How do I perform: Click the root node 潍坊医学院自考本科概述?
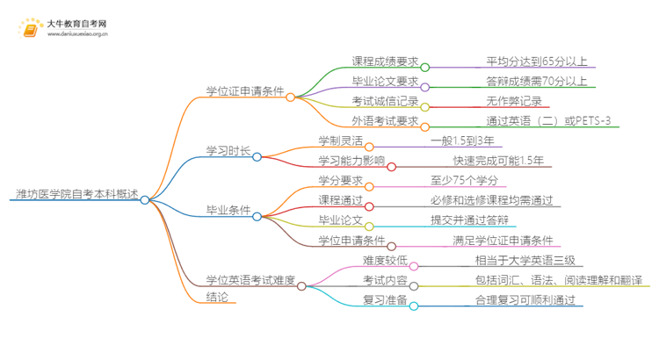click(76, 195)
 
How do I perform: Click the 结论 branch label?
click(217, 297)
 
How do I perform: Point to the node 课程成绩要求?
click(384, 61)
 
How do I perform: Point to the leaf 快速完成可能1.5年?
click(498, 160)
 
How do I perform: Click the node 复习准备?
click(384, 300)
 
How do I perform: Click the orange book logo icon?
click(30, 29)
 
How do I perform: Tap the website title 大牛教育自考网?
click(78, 23)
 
